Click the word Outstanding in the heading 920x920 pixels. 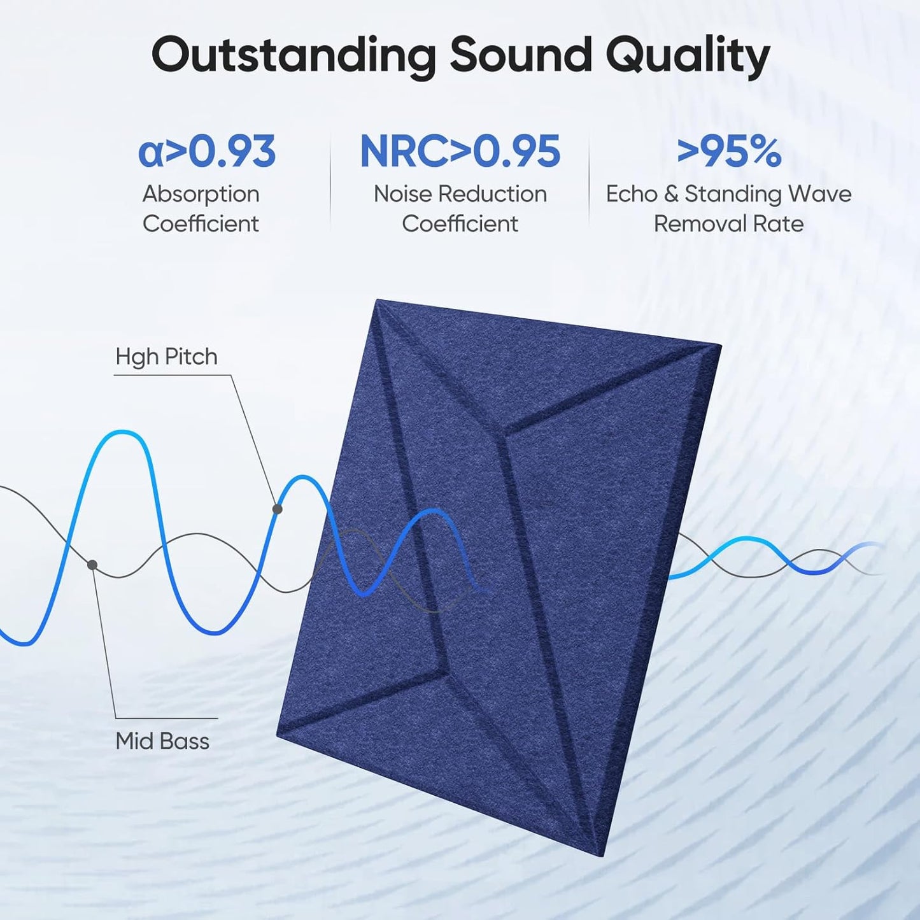(x=294, y=56)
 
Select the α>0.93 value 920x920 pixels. (x=207, y=152)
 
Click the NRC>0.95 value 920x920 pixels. (x=460, y=152)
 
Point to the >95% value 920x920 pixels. (x=729, y=152)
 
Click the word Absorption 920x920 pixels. (x=201, y=194)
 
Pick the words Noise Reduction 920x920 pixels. (x=460, y=194)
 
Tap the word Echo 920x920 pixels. (x=631, y=194)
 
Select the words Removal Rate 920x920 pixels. (x=728, y=223)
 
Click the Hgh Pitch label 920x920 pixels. (x=166, y=357)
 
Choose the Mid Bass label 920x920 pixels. (x=162, y=741)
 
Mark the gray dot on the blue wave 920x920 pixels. (x=278, y=509)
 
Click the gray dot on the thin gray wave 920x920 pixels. (x=92, y=565)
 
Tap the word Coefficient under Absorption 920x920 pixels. (x=201, y=223)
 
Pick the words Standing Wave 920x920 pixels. (x=768, y=194)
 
